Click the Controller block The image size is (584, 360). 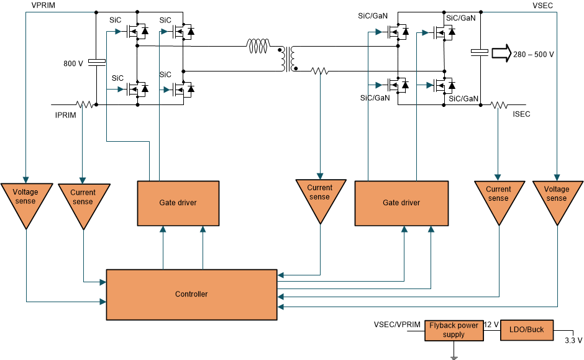coord(191,294)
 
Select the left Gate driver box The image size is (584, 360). coord(178,203)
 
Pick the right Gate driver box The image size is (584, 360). coord(401,203)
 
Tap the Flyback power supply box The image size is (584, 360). coord(454,330)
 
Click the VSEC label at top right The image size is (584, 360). coord(542,5)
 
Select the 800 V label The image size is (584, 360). coord(73,63)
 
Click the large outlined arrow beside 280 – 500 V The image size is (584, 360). coord(500,53)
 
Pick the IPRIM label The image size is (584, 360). coord(66,116)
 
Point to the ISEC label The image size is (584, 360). coord(521,114)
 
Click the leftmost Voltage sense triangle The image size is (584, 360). coord(25,199)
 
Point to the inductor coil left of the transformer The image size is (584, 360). coord(258,45)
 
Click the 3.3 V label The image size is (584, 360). coord(573,340)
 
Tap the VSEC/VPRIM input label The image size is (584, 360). coord(397,325)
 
